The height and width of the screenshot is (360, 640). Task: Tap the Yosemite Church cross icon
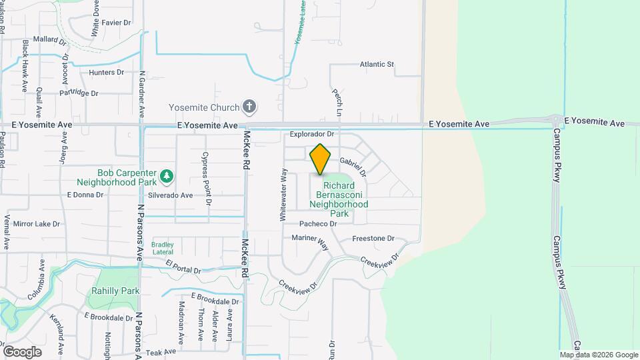click(249, 107)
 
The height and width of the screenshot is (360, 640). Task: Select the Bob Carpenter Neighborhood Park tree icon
click(167, 177)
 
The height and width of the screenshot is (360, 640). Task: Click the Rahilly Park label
click(116, 291)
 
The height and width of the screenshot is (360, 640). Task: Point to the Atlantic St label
click(377, 65)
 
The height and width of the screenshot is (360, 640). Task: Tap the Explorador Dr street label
click(311, 134)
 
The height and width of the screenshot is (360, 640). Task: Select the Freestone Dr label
click(373, 238)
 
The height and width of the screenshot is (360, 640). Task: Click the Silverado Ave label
click(170, 195)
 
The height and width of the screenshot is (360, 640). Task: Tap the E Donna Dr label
click(85, 195)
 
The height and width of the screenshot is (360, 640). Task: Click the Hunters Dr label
click(107, 72)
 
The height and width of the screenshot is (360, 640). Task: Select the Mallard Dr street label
click(50, 40)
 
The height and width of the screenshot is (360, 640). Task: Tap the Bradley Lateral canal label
click(163, 249)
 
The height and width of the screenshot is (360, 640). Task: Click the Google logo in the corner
click(22, 351)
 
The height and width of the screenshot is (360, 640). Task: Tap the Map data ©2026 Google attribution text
click(599, 355)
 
